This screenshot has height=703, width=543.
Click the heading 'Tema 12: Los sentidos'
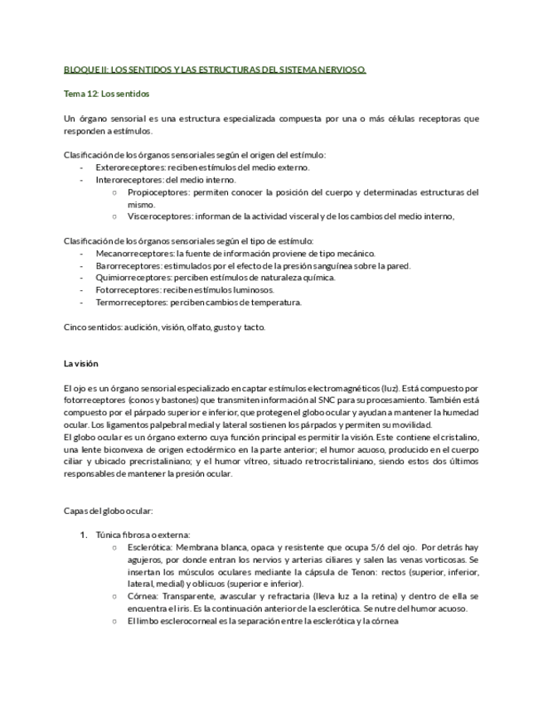(106, 94)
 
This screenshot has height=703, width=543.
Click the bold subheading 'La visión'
(80, 363)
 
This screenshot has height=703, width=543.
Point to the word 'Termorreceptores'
(130, 303)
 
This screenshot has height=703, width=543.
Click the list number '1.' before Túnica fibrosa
(84, 535)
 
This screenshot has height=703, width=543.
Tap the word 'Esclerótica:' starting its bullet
(150, 547)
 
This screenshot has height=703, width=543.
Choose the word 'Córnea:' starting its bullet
(143, 596)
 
